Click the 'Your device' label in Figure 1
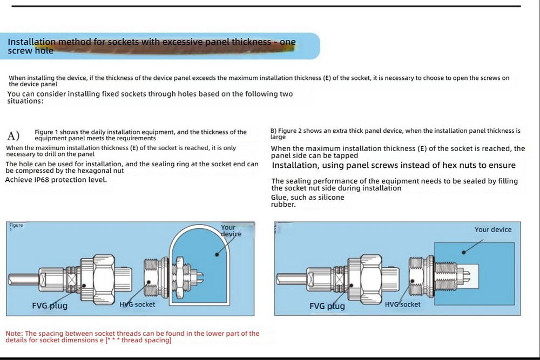pyautogui.click(x=231, y=230)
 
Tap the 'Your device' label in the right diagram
pyautogui.click(x=492, y=229)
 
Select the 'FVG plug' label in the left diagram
pyautogui.click(x=50, y=306)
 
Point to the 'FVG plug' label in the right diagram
pyautogui.click(x=327, y=306)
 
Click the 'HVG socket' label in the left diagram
pyautogui.click(x=137, y=304)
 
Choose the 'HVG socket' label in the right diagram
pyautogui.click(x=402, y=304)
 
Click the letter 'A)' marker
pyautogui.click(x=13, y=135)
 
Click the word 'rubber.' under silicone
pyautogui.click(x=283, y=204)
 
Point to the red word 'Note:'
pyautogui.click(x=15, y=334)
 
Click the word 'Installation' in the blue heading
pyautogui.click(x=31, y=42)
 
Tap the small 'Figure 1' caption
pyautogui.click(x=16, y=226)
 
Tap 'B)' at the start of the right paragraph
pyautogui.click(x=273, y=131)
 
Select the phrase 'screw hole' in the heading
pyautogui.click(x=30, y=51)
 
